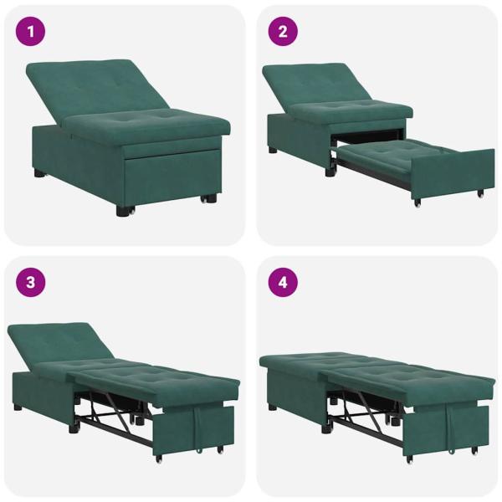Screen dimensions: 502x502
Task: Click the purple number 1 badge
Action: pyautogui.click(x=31, y=33)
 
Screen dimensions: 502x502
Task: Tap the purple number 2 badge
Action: pyautogui.click(x=283, y=33)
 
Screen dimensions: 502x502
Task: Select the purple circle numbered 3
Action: pyautogui.click(x=31, y=283)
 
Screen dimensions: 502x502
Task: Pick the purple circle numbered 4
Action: pyautogui.click(x=283, y=283)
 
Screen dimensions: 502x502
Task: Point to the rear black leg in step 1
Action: pyautogui.click(x=39, y=173)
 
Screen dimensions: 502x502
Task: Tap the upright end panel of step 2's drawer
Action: pyautogui.click(x=452, y=174)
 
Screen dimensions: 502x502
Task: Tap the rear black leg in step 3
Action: pyautogui.click(x=18, y=407)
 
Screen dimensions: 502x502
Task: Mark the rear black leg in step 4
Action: pyautogui.click(x=273, y=407)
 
